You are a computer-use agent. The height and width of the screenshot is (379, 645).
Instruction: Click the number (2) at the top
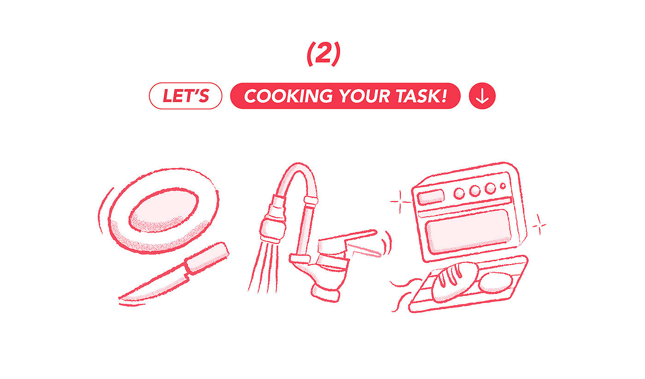[323, 54]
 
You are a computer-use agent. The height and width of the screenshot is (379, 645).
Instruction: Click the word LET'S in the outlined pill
[186, 96]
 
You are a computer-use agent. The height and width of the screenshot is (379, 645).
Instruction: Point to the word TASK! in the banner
[422, 96]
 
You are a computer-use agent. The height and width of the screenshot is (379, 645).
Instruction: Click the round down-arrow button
[482, 96]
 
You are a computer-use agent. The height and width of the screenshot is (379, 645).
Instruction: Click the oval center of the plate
[164, 210]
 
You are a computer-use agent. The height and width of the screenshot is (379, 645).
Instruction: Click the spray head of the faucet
[273, 227]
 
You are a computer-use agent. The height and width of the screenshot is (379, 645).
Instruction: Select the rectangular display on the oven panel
[430, 197]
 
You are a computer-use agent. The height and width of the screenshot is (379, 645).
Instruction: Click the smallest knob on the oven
[503, 186]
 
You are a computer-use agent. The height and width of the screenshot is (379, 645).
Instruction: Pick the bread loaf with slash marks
[455, 282]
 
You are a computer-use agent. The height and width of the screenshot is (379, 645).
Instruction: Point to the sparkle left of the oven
[400, 202]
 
